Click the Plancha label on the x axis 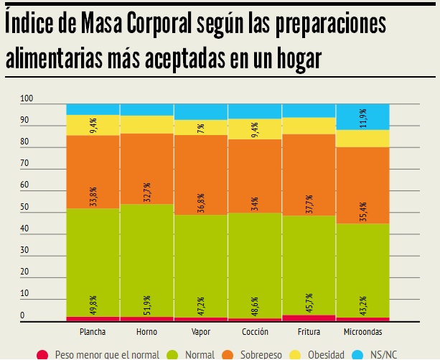pyautogui.click(x=93, y=332)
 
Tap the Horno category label pyautogui.click(x=147, y=332)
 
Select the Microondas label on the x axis pyautogui.click(x=362, y=332)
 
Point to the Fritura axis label pyautogui.click(x=309, y=332)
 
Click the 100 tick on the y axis pyautogui.click(x=27, y=98)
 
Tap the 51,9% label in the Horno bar pyautogui.click(x=147, y=304)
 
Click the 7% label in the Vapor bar pyautogui.click(x=202, y=129)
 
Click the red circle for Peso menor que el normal pyautogui.click(x=42, y=354)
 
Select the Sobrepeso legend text pyautogui.click(x=260, y=354)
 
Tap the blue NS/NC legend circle pyautogui.click(x=359, y=354)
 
